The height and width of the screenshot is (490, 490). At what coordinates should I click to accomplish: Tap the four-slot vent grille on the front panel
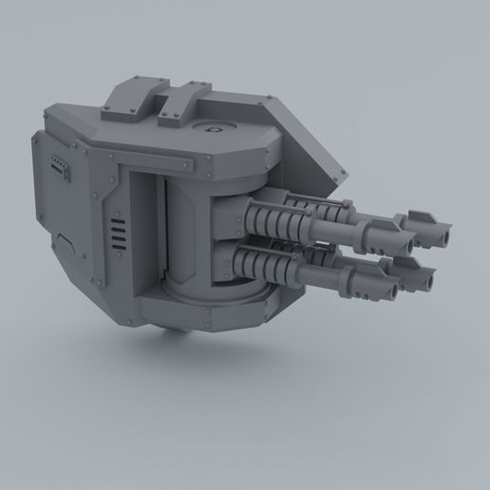coord(118,234)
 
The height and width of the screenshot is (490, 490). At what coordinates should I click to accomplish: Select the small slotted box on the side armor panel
coord(60,168)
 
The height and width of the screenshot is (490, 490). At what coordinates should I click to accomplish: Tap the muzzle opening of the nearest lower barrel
coord(378,286)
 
